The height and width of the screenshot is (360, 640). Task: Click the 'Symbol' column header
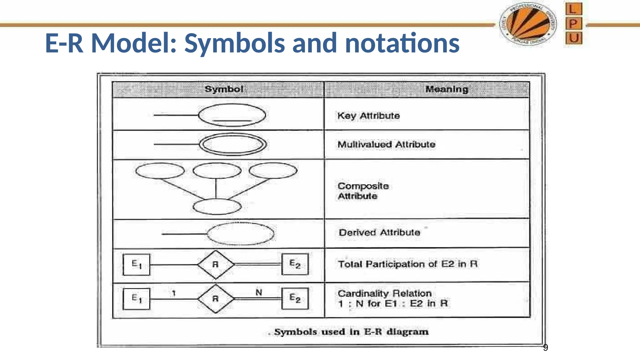pyautogui.click(x=224, y=89)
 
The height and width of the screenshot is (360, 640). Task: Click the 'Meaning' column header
pyautogui.click(x=447, y=89)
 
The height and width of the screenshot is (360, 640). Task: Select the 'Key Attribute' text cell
pyautogui.click(x=368, y=116)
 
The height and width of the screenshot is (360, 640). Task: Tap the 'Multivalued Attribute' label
pyautogui.click(x=386, y=144)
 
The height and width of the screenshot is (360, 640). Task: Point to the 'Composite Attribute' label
pyautogui.click(x=363, y=191)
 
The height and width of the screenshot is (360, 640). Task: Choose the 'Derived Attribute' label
pyautogui.click(x=379, y=232)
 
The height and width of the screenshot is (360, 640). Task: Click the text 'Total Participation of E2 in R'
pyautogui.click(x=407, y=264)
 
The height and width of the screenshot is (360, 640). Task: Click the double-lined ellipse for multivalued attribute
pyautogui.click(x=233, y=144)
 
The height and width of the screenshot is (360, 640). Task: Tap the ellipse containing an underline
pyautogui.click(x=232, y=115)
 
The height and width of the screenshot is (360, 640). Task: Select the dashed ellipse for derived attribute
pyautogui.click(x=241, y=234)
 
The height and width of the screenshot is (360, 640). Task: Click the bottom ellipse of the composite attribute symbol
pyautogui.click(x=217, y=207)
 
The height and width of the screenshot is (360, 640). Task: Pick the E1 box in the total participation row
pyautogui.click(x=137, y=264)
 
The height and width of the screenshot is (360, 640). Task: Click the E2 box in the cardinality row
pyautogui.click(x=295, y=298)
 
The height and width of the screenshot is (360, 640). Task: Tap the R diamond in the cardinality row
pyautogui.click(x=216, y=299)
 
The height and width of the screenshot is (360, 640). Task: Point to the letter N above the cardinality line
pyautogui.click(x=259, y=292)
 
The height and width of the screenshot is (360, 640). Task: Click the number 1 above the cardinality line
pyautogui.click(x=174, y=293)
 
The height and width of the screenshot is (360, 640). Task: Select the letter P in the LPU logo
pyautogui.click(x=573, y=23)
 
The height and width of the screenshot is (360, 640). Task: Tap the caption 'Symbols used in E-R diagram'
pyautogui.click(x=351, y=332)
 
